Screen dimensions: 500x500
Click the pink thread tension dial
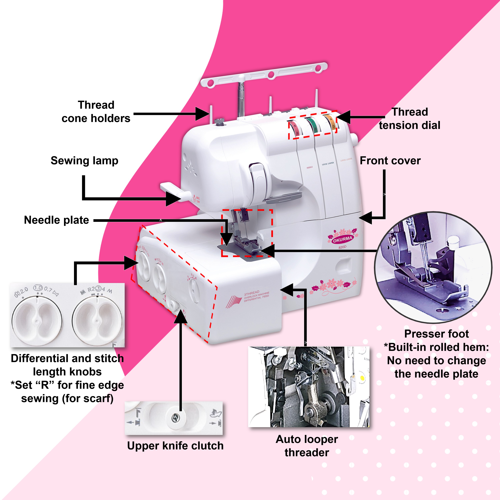(295, 129)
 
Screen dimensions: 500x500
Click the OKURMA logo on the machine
(342, 239)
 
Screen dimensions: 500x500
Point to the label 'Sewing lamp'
(84, 161)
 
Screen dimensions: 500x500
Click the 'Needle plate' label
(56, 220)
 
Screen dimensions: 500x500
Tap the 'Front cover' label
(390, 161)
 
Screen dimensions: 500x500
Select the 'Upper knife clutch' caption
(175, 446)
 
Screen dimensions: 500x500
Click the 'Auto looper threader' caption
(307, 446)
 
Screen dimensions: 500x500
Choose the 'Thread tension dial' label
(409, 118)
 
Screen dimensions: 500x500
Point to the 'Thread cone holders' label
(96, 111)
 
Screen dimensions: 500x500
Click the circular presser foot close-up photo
(433, 267)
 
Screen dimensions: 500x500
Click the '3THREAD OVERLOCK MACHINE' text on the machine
(256, 296)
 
